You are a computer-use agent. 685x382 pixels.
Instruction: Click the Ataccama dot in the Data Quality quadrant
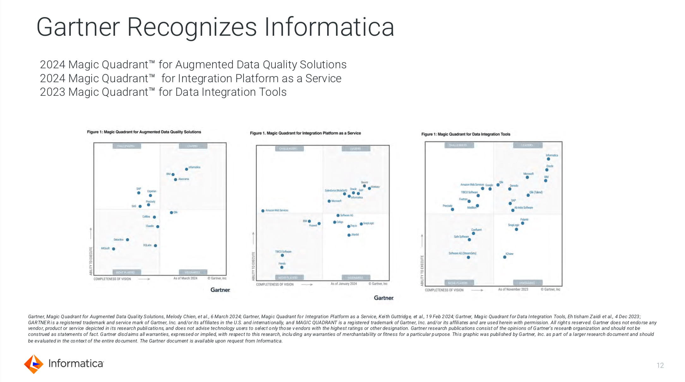(x=176, y=179)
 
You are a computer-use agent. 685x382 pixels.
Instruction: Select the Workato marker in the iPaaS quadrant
(x=369, y=188)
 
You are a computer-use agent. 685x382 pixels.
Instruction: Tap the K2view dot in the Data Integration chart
(x=505, y=257)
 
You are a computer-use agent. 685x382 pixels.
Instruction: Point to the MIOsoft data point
(x=114, y=249)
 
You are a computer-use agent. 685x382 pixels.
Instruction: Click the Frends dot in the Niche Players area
(x=282, y=267)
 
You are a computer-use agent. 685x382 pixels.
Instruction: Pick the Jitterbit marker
(x=349, y=235)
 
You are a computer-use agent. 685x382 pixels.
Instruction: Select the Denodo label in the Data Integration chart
(x=514, y=186)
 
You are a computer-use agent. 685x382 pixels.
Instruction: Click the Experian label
(x=152, y=191)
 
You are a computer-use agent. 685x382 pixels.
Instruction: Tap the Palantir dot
(x=523, y=223)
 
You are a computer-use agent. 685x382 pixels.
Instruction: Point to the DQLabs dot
(x=155, y=246)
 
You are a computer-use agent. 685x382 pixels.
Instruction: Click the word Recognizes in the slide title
(x=192, y=27)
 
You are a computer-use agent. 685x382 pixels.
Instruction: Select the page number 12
(x=660, y=366)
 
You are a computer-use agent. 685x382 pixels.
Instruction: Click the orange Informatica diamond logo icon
(x=33, y=364)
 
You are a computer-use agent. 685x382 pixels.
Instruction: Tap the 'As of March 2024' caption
(x=185, y=278)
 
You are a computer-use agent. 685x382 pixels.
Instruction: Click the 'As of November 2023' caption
(x=513, y=289)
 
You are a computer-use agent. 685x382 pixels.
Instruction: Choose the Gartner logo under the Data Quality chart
(x=220, y=290)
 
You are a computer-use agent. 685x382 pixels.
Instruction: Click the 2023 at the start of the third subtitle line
(x=52, y=92)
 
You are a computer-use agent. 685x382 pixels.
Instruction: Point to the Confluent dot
(x=473, y=233)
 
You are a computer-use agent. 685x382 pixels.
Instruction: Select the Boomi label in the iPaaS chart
(x=364, y=182)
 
